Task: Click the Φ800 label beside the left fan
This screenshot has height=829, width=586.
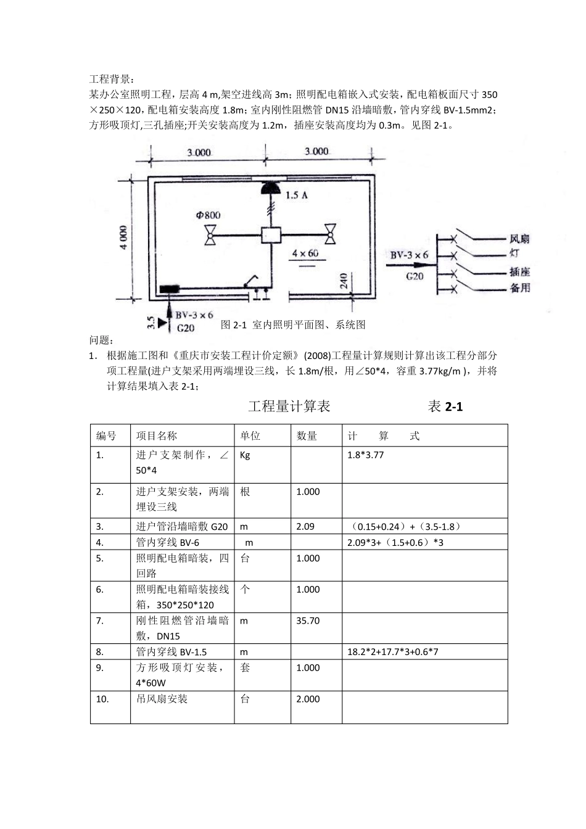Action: point(208,215)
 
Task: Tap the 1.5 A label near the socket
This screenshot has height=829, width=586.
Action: point(297,195)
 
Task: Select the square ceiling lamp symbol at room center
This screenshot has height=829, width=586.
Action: point(270,235)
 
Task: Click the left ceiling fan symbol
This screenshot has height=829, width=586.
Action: point(210,234)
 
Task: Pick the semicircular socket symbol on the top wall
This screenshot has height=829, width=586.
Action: point(270,188)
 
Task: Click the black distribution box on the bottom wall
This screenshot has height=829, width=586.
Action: point(169,289)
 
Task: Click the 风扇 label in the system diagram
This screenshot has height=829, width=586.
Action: point(520,239)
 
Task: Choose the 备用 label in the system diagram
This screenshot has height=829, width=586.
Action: point(520,288)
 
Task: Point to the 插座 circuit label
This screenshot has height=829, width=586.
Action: point(520,272)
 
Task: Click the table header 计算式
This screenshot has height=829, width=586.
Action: point(383,436)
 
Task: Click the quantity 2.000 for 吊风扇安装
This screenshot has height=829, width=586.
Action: point(308,699)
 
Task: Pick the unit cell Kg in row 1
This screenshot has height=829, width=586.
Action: point(245,455)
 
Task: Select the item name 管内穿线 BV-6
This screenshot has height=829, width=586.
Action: point(168,542)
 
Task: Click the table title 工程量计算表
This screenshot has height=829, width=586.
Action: point(289,406)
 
